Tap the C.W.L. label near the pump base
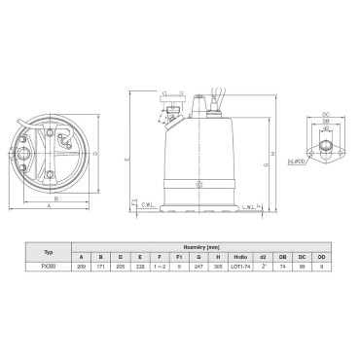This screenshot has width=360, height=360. pyautogui.click(x=148, y=205)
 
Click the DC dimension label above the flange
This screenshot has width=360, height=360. pyautogui.click(x=326, y=116)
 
